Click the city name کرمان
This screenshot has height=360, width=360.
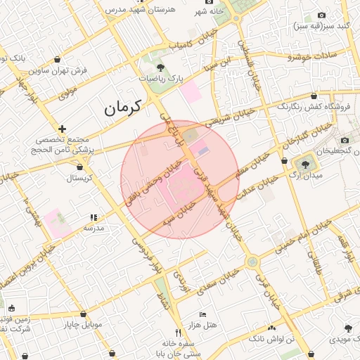pyautogui.click(x=122, y=108)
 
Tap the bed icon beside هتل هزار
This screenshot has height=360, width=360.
pyautogui.click(x=203, y=314)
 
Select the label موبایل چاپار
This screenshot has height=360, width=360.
pyautogui.click(x=82, y=325)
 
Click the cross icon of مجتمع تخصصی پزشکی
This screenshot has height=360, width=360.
pyautogui.click(x=63, y=129)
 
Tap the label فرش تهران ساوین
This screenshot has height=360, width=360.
pyautogui.click(x=58, y=70)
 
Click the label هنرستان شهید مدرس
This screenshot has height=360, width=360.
pyautogui.click(x=135, y=10)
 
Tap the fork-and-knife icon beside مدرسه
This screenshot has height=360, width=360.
pyautogui.click(x=94, y=217)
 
